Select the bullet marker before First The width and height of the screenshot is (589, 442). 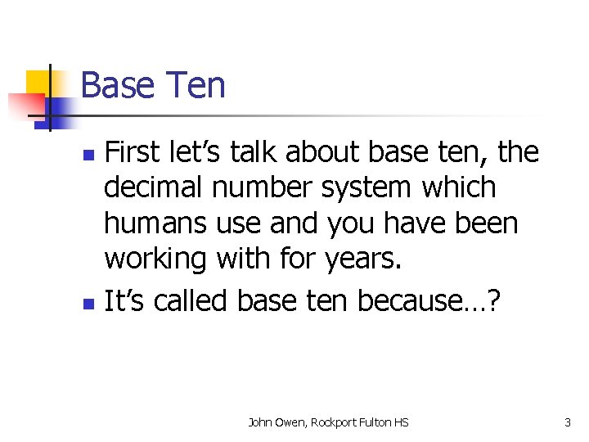pyautogui.click(x=91, y=154)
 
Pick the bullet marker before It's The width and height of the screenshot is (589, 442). pyautogui.click(x=91, y=304)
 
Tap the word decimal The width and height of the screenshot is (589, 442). pyautogui.click(x=155, y=187)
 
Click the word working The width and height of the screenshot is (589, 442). pyautogui.click(x=156, y=259)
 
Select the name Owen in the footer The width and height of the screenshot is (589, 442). pyautogui.click(x=290, y=422)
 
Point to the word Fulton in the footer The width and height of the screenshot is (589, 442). pyautogui.click(x=376, y=422)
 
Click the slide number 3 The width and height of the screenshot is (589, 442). pyautogui.click(x=567, y=422)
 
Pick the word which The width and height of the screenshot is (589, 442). pyautogui.click(x=459, y=187)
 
